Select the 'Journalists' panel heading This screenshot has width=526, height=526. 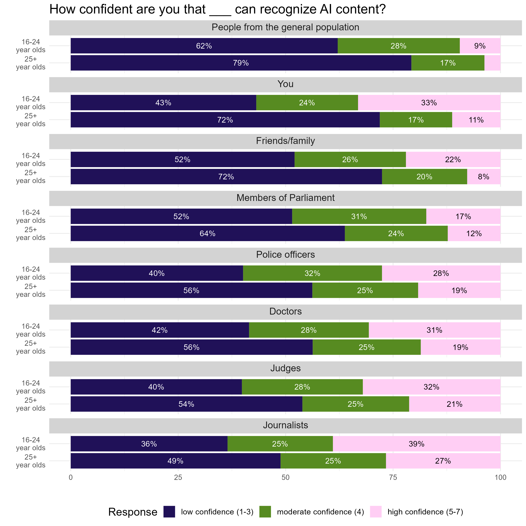(x=285, y=425)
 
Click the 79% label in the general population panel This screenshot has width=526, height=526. (x=241, y=63)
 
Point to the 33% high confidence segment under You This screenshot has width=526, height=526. (x=429, y=103)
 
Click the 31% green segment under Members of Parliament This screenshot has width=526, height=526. (x=359, y=216)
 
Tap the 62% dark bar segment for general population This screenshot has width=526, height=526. (x=204, y=46)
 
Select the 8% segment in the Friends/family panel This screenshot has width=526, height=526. (x=484, y=177)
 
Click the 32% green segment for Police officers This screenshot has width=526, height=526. (x=312, y=273)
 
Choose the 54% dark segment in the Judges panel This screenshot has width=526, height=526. (x=186, y=404)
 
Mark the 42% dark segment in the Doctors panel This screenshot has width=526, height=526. (x=160, y=330)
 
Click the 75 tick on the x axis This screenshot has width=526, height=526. (x=393, y=478)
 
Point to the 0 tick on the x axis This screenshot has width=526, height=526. (x=71, y=478)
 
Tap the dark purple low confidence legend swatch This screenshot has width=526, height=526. (x=169, y=512)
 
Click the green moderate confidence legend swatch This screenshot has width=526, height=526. (x=265, y=512)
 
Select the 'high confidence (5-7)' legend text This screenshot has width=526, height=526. (x=425, y=512)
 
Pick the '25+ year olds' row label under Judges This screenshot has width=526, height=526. (x=31, y=404)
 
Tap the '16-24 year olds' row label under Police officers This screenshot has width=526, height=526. (x=31, y=273)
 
